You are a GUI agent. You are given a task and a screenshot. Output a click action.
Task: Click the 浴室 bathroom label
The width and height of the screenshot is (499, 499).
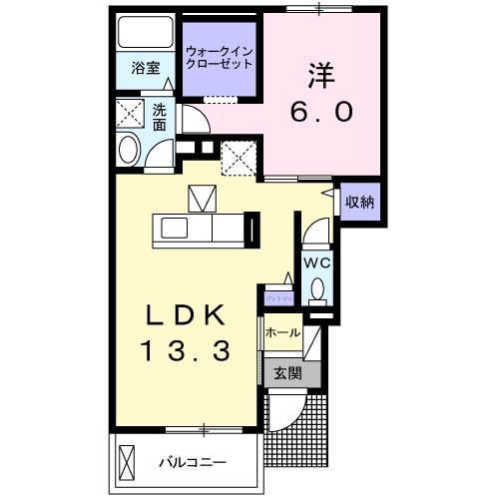click(146, 69)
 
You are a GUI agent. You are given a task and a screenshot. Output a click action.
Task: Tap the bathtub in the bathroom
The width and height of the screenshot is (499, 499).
click(145, 33)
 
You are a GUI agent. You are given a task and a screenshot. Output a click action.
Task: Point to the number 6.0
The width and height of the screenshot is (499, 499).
click(320, 112)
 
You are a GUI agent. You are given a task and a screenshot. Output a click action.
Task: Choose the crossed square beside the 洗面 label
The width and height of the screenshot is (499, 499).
click(130, 112)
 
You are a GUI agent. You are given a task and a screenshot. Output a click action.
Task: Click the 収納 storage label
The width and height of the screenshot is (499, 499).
click(359, 202)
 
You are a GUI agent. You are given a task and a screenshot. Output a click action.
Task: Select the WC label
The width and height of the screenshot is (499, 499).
click(316, 262)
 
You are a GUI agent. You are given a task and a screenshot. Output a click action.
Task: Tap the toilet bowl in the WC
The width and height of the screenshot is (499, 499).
click(317, 290)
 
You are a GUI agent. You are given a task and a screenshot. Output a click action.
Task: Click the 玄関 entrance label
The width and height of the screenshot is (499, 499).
click(286, 373)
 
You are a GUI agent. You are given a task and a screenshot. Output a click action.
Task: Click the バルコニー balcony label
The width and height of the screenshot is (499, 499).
click(194, 463)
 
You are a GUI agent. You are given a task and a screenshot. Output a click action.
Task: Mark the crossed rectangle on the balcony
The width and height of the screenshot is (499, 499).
click(127, 463)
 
